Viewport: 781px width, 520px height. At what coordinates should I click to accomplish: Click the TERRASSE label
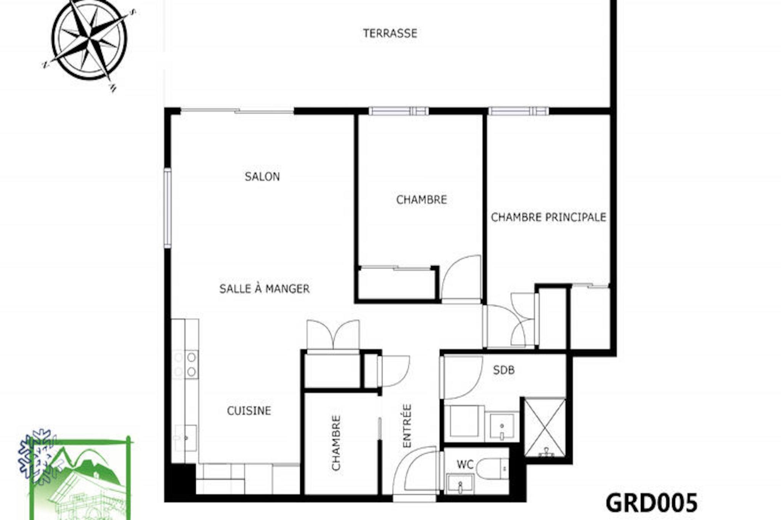(x=390, y=34)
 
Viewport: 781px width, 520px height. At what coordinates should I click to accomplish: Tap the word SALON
(x=262, y=177)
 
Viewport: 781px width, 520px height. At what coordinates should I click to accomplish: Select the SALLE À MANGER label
(x=264, y=288)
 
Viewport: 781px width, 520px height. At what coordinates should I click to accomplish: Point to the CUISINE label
(x=249, y=411)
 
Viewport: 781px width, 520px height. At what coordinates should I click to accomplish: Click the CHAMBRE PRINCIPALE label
(x=548, y=217)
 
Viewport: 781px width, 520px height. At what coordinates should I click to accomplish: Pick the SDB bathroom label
(x=504, y=370)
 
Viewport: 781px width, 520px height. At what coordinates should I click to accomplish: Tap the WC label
(x=465, y=464)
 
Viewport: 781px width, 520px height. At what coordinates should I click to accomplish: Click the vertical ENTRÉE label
(x=407, y=426)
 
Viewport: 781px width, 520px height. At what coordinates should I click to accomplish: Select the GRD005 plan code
(x=652, y=503)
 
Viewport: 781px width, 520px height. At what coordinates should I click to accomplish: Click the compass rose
(x=89, y=41)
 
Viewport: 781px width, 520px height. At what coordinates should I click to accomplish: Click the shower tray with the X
(x=545, y=427)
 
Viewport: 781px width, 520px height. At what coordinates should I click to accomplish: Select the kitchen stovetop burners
(x=186, y=364)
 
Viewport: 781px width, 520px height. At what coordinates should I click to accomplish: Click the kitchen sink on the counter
(x=185, y=438)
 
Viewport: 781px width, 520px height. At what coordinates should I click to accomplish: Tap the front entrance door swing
(x=415, y=470)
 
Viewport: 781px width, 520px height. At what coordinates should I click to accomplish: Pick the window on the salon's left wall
(x=167, y=208)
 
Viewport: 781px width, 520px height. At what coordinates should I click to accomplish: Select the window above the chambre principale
(x=519, y=111)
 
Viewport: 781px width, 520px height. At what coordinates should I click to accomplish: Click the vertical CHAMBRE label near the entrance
(x=336, y=443)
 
